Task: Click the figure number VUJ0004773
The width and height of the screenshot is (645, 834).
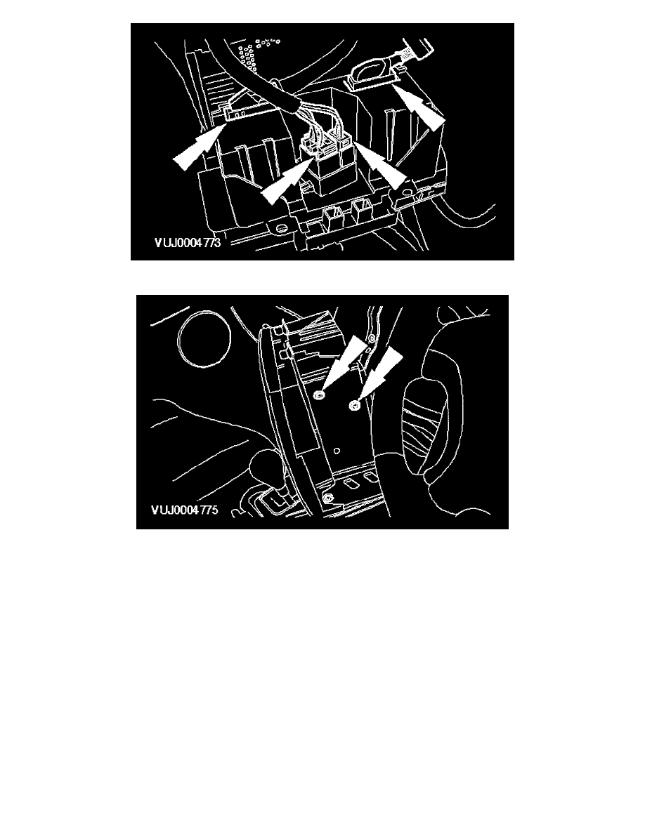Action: (x=188, y=242)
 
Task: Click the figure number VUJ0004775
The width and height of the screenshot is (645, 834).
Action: (x=185, y=510)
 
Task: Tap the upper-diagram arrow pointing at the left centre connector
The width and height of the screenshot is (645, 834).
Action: (x=287, y=179)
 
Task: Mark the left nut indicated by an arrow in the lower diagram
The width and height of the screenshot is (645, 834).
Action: (x=319, y=394)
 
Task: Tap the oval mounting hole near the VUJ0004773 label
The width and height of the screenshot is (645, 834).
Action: (x=280, y=229)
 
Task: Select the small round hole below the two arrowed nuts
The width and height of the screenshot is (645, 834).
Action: (x=337, y=451)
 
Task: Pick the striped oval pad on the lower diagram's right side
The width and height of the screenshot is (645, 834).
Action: (x=426, y=421)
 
